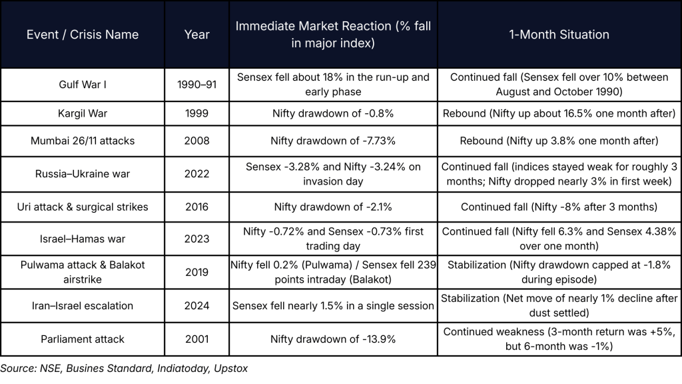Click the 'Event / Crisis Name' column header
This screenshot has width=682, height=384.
coord(83,35)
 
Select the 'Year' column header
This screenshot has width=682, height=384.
coord(197,35)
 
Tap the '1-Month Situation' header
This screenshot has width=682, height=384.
coord(559,35)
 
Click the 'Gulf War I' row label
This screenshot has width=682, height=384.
coord(83,85)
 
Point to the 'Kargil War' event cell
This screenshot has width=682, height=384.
coord(83,113)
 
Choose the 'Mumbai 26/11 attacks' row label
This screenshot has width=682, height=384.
coord(83,141)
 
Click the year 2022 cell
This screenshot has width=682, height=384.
coord(197,174)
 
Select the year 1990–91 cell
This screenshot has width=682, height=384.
coord(197,85)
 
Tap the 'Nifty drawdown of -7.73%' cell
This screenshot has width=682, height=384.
coord(333,141)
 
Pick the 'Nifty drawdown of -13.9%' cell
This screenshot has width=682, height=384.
coord(333,339)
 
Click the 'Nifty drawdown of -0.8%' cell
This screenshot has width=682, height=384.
coord(333,113)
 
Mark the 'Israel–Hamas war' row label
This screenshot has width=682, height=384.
coord(83,239)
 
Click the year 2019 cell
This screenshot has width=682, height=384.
coord(197,272)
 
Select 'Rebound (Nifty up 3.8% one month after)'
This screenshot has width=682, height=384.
coord(559,141)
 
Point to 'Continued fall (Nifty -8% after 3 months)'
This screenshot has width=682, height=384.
coord(559,207)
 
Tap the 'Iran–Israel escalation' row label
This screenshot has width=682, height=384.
coord(83,306)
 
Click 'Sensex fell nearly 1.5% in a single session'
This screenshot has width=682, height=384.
coord(333,306)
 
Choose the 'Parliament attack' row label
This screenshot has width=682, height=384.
coord(83,339)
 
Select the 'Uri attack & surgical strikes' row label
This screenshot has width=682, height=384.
coord(83,207)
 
